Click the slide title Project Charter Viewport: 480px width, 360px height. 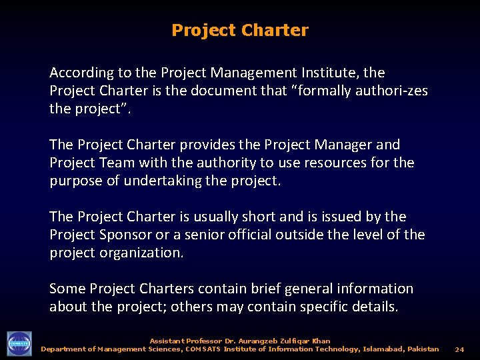click(240, 31)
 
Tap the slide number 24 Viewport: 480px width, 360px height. click(459, 349)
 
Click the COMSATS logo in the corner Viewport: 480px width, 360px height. click(19, 344)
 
